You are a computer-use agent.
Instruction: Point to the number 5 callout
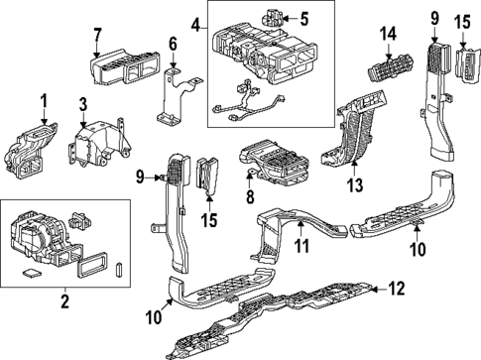tap(304, 17)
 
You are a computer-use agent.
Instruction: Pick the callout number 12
tap(396, 289)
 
